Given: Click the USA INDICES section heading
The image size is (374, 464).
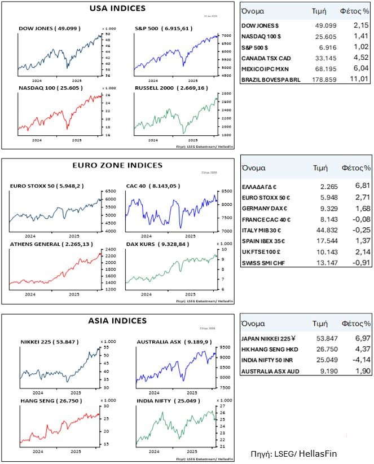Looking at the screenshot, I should coord(117,8).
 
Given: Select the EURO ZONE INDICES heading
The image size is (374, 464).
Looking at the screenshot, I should coord(117,165).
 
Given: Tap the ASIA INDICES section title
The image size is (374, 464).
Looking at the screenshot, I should coord(117,321).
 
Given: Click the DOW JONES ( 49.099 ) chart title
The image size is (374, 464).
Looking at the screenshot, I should coord(49,28).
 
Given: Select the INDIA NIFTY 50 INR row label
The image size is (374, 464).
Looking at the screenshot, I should coord(269,360).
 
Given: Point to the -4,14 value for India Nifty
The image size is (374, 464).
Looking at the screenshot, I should coord(359,360).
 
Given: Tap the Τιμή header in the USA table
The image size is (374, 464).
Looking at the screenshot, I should coord(319,11).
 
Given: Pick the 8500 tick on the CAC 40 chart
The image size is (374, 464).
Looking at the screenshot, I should coord(223,192).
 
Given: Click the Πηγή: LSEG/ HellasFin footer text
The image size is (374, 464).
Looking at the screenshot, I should coord(293,452).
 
